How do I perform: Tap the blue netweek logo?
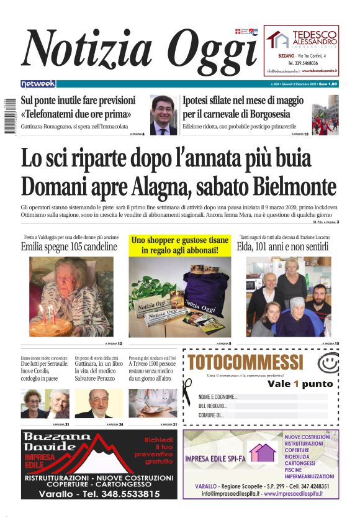click(x=38, y=83)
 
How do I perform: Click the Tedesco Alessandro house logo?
click(x=278, y=39)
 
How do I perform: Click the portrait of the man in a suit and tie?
click(x=164, y=115)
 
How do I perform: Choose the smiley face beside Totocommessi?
click(x=327, y=362)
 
